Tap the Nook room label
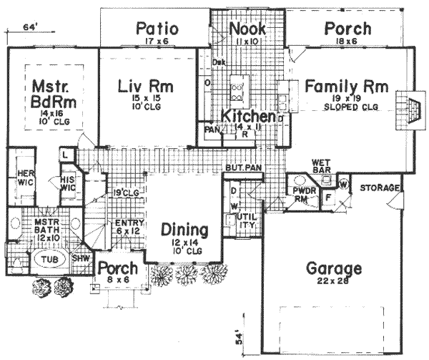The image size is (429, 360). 247,29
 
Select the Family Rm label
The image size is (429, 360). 347,87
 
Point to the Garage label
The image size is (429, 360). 333,270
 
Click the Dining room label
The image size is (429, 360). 184,231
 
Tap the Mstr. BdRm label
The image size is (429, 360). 49,94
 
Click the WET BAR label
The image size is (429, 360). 319,166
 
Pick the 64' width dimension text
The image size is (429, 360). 29,28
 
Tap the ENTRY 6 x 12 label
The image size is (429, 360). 126,227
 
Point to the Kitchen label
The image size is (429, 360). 247,117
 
